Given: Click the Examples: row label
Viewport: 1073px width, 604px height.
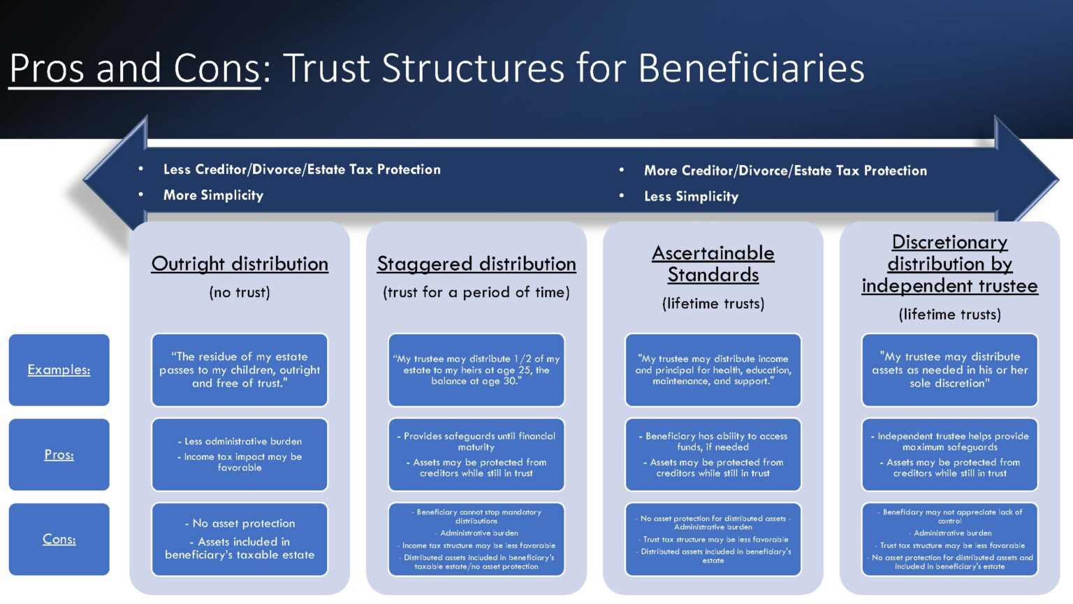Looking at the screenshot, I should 59,370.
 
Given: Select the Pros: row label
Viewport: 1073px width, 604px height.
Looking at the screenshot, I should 59,454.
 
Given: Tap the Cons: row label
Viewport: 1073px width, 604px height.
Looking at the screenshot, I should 59,539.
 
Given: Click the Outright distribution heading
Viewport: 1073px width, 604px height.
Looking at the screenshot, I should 240,264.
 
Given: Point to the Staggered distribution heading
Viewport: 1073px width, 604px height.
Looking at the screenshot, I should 476,264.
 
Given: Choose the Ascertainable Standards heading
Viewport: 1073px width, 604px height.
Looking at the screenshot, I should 713,264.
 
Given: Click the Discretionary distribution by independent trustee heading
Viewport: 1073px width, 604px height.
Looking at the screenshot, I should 950,264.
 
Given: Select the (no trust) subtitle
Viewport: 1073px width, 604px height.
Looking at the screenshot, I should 240,292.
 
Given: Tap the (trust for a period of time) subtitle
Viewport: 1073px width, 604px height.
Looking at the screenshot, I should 476,292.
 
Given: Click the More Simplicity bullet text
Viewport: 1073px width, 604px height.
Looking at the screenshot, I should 213,196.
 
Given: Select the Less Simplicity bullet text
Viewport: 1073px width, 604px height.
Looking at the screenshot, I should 691,197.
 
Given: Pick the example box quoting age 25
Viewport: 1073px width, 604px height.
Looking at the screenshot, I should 476,370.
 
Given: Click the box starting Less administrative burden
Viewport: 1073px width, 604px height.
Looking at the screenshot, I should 240,454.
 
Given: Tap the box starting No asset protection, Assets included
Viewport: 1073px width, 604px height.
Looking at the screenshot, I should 240,539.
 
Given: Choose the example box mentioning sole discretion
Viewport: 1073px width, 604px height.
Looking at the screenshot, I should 950,370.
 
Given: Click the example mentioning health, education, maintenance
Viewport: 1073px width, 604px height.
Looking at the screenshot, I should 713,370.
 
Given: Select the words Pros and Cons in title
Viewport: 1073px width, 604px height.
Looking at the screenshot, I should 135,69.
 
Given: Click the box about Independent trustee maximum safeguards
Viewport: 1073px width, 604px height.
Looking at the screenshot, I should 950,454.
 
